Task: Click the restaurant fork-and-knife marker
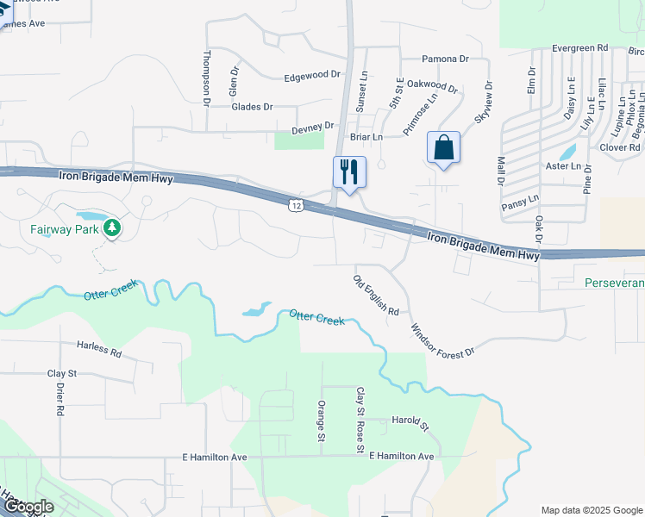coord(349,171)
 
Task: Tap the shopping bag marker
coord(443,147)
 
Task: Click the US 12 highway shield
coord(296,205)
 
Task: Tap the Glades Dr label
coord(252,107)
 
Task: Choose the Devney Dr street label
coord(312,127)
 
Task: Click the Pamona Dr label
coord(445,59)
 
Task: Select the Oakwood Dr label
coord(432,85)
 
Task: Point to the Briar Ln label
coord(366,136)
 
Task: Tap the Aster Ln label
coord(565,165)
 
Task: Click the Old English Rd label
coord(377,295)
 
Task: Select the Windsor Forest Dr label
coord(442,341)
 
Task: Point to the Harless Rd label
coord(99,351)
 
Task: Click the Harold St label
coord(410,421)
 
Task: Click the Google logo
coord(28,507)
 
